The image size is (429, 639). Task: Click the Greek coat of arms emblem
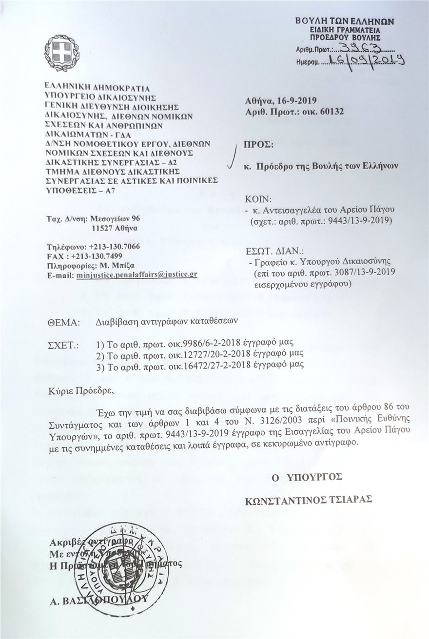[62, 53]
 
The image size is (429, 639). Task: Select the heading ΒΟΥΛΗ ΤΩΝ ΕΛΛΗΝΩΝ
[345, 21]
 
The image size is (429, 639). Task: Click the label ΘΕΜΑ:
[63, 322]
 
